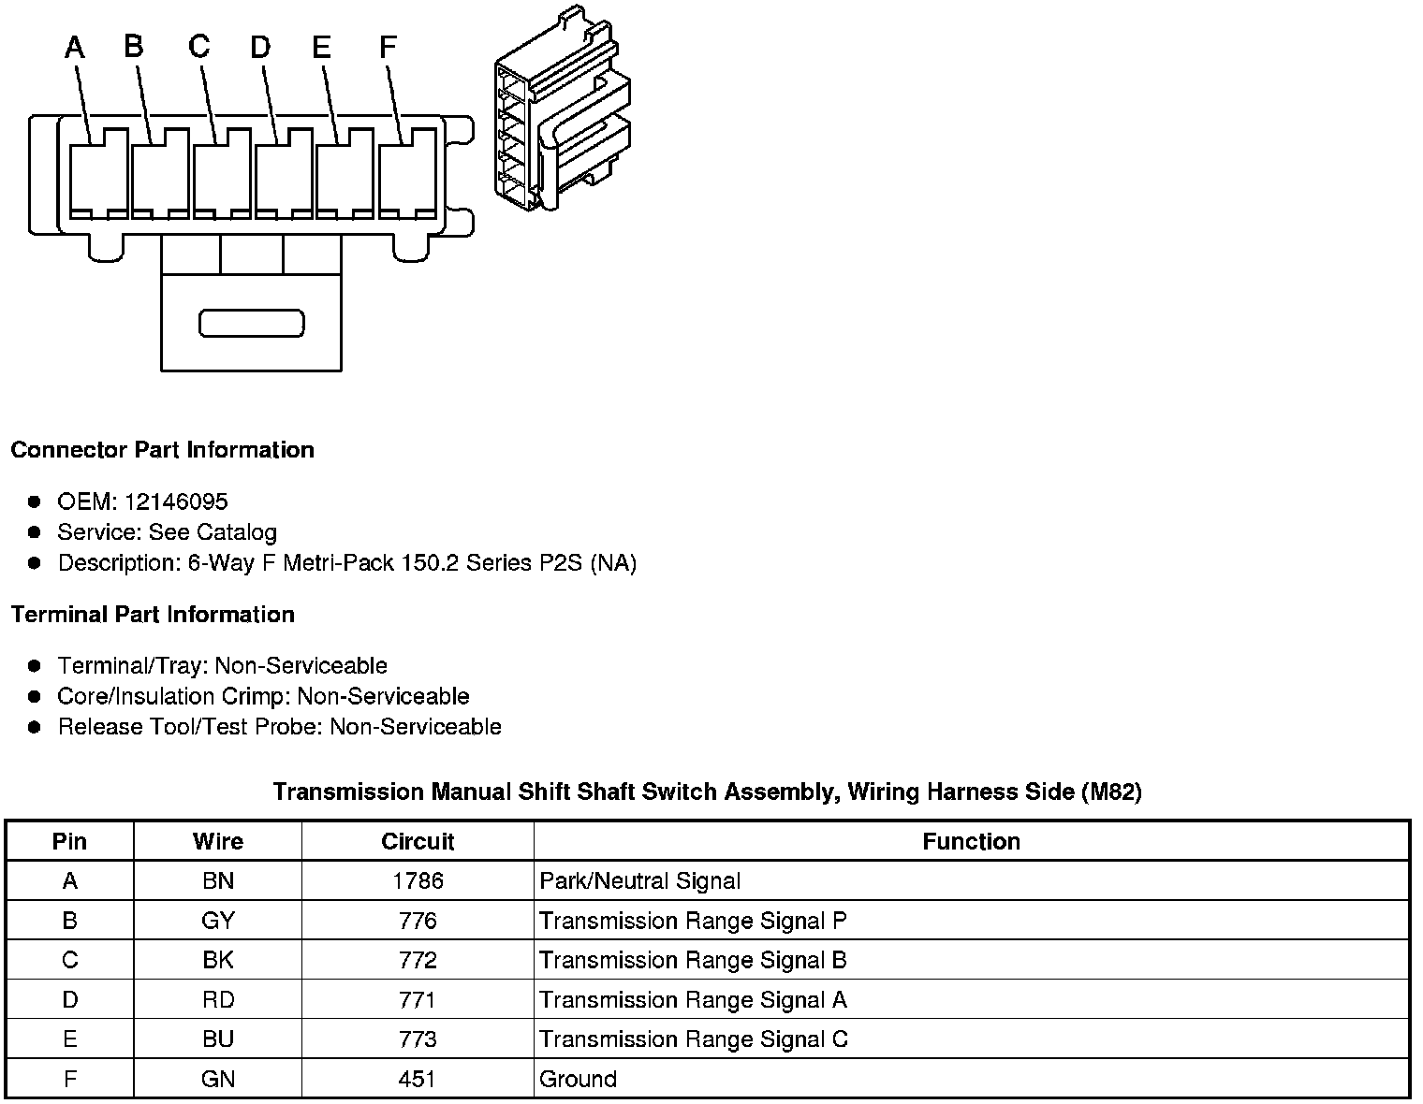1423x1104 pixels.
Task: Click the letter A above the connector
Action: pyautogui.click(x=75, y=48)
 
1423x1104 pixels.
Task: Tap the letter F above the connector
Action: pyautogui.click(x=388, y=47)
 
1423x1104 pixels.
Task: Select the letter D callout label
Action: pyautogui.click(x=260, y=47)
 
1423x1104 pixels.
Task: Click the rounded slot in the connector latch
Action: pyautogui.click(x=252, y=323)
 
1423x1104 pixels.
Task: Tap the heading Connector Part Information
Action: pyautogui.click(x=162, y=450)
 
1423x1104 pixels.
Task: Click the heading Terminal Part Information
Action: pyautogui.click(x=153, y=615)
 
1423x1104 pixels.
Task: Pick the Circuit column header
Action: pyautogui.click(x=418, y=841)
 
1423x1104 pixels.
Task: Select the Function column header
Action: pyautogui.click(x=971, y=841)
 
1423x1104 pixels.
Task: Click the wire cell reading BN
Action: pyautogui.click(x=218, y=880)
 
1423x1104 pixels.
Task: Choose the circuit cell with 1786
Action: pyautogui.click(x=418, y=880)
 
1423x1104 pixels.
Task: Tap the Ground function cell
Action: pyautogui.click(x=578, y=1079)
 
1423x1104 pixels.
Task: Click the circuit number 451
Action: pyautogui.click(x=418, y=1079)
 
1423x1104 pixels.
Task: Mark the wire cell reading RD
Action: pyautogui.click(x=218, y=1000)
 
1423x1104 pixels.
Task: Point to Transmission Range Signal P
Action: pyautogui.click(x=693, y=921)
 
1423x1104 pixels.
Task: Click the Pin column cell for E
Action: pyautogui.click(x=70, y=1039)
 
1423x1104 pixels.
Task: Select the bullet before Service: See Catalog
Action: pyautogui.click(x=35, y=532)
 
